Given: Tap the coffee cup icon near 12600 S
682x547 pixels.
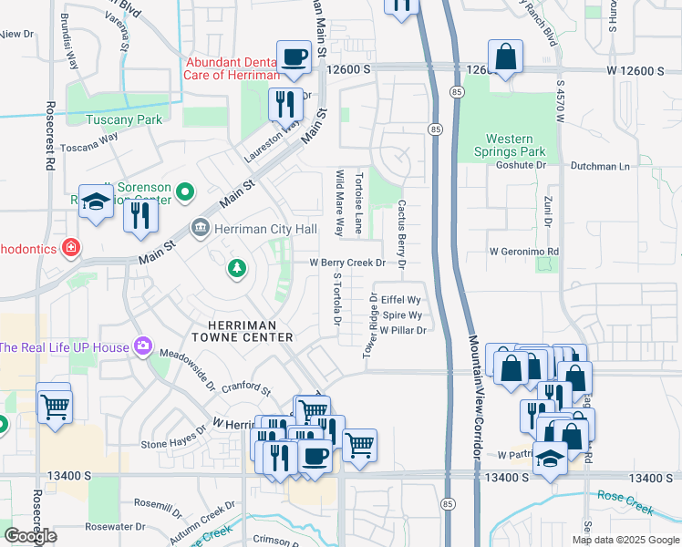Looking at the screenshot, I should pyautogui.click(x=294, y=57).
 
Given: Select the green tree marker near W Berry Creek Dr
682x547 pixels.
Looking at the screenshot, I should pyautogui.click(x=236, y=268).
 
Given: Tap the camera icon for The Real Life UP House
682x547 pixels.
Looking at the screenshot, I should pyautogui.click(x=143, y=346).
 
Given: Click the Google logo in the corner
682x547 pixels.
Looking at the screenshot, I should pyautogui.click(x=31, y=536).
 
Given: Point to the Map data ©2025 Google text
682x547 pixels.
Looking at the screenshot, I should pyautogui.click(x=625, y=540).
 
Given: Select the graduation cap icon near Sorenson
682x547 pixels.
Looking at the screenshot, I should pyautogui.click(x=95, y=203).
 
